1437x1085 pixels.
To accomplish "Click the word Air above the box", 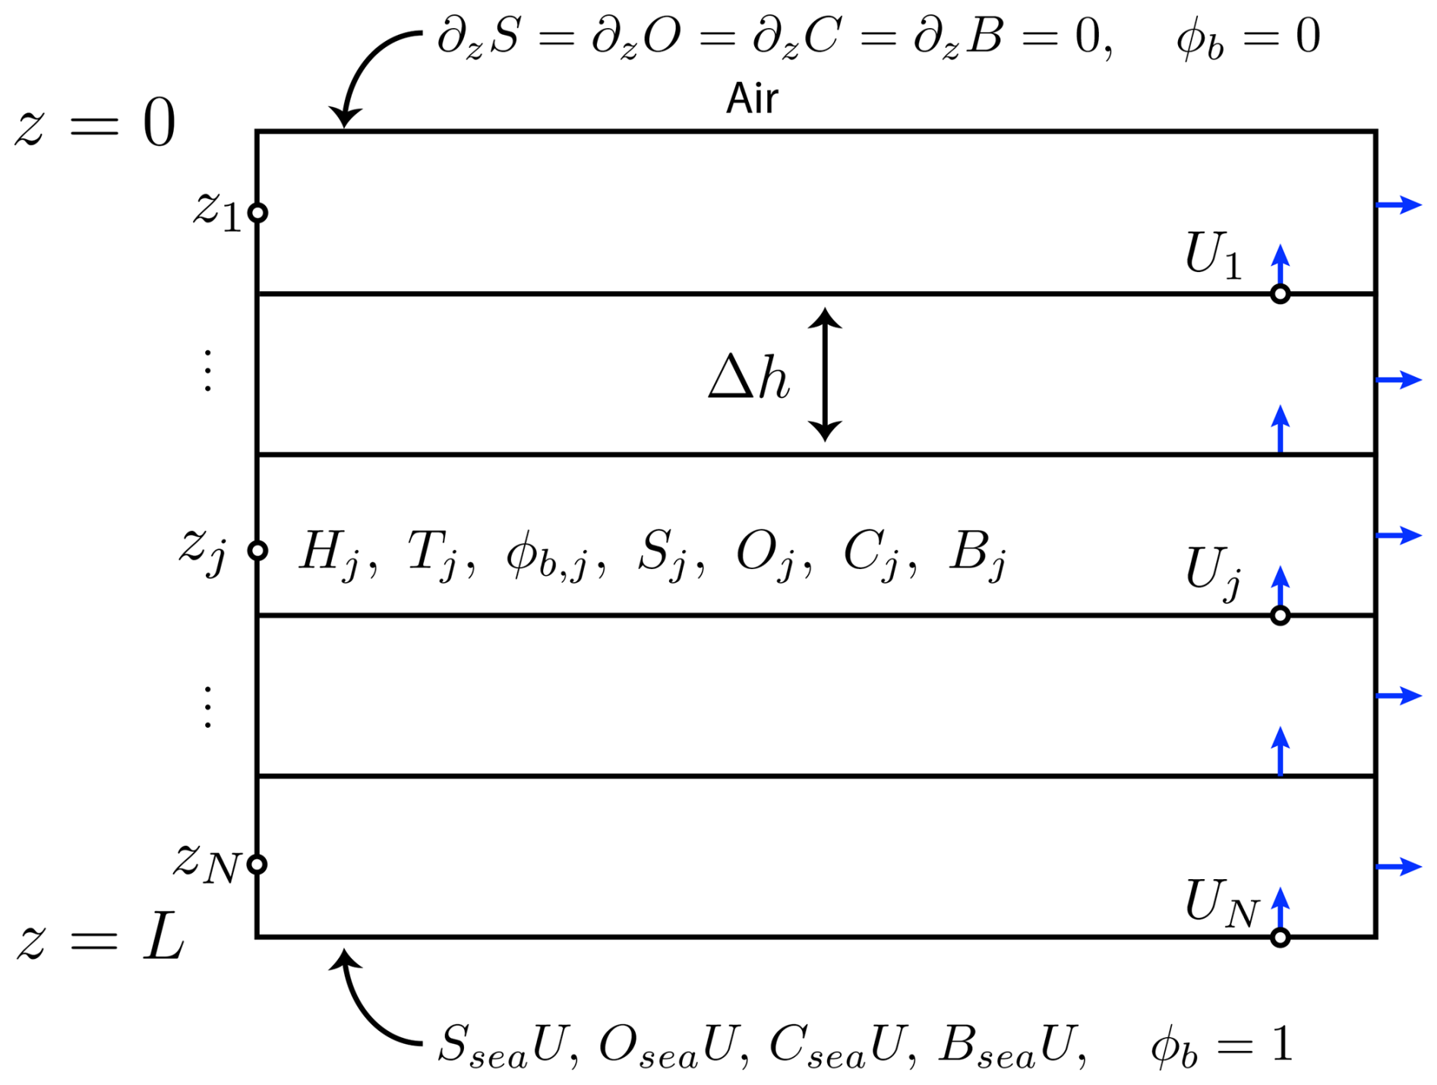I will [x=752, y=99].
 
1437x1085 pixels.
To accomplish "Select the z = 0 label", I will [x=95, y=124].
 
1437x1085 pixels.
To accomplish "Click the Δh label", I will [x=749, y=377].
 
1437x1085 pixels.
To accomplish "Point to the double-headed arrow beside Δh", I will [x=824, y=375].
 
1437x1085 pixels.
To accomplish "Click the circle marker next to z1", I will [x=258, y=213].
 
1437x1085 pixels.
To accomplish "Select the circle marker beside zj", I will [x=258, y=550].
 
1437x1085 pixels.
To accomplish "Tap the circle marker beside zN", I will [x=258, y=865].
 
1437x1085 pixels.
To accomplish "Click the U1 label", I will [x=1213, y=255].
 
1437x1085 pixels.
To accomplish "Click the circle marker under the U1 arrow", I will [x=1281, y=294].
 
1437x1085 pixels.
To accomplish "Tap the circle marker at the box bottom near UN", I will [x=1281, y=938].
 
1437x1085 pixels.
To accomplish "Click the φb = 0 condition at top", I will [x=1248, y=38].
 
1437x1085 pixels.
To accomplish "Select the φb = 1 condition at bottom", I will [x=1221, y=1045].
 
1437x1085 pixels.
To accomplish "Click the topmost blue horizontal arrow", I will [x=1399, y=204].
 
